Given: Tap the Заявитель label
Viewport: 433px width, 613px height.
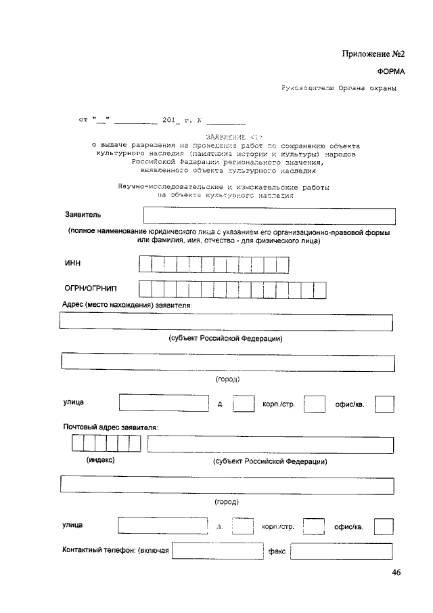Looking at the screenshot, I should click(x=83, y=215).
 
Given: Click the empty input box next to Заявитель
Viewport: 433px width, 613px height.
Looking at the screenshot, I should click(x=269, y=215).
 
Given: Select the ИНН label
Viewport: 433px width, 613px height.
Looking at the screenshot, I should click(x=72, y=263).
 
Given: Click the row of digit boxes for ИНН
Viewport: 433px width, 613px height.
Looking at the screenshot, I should click(x=213, y=263).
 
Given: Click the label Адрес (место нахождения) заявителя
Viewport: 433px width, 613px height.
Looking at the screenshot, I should click(x=127, y=306).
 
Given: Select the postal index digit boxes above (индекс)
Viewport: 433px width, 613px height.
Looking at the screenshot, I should click(x=106, y=443).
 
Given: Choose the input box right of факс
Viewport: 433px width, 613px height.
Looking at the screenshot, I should click(x=342, y=551).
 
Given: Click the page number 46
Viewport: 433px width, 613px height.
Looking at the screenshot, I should click(x=396, y=573).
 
